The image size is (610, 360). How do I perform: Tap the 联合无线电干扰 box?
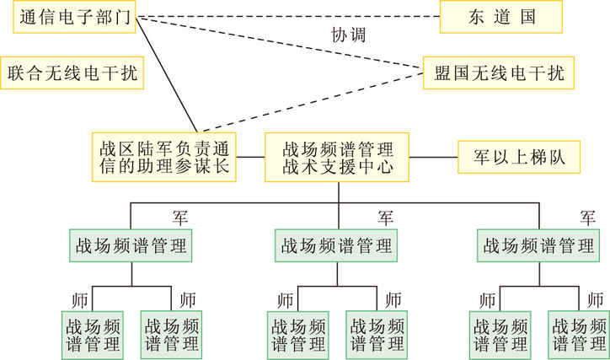[x=72, y=73]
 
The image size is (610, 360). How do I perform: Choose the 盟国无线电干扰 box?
[x=498, y=73]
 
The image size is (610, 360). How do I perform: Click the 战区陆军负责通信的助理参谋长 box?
[x=164, y=157]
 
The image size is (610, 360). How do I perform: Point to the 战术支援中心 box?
[x=338, y=157]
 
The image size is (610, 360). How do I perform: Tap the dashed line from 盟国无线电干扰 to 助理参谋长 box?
[x=320, y=101]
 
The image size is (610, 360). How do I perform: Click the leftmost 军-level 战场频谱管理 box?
[x=131, y=245]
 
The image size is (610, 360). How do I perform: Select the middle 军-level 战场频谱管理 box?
[x=338, y=245]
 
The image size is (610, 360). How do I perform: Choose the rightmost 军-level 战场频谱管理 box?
[x=540, y=245]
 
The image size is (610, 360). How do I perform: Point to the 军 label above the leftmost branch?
[x=179, y=218]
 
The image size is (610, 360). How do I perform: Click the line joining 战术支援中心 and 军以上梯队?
[x=433, y=157]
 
